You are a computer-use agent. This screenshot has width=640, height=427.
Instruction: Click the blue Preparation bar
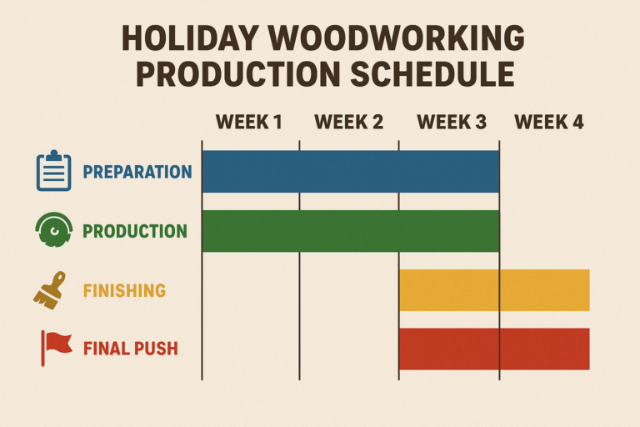tap(350, 172)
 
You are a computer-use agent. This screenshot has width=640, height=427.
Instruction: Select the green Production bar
tap(350, 231)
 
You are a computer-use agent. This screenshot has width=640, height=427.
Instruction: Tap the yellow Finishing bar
tap(493, 290)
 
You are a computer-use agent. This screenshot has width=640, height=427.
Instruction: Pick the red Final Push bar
tap(493, 349)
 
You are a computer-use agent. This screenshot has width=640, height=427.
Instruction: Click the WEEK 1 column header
tap(249, 123)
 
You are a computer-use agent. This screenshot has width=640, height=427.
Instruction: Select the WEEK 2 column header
tap(348, 123)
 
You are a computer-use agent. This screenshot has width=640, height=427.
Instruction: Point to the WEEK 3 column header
tap(451, 123)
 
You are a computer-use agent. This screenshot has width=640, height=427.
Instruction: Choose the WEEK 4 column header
tap(548, 123)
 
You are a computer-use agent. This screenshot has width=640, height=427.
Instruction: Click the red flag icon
tap(56, 348)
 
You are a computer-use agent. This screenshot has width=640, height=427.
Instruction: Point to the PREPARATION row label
tap(137, 173)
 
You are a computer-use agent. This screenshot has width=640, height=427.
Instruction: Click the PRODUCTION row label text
tap(134, 231)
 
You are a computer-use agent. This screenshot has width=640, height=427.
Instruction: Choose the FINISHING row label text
tap(124, 291)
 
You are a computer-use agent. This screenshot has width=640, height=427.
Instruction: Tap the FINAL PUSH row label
tap(131, 349)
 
